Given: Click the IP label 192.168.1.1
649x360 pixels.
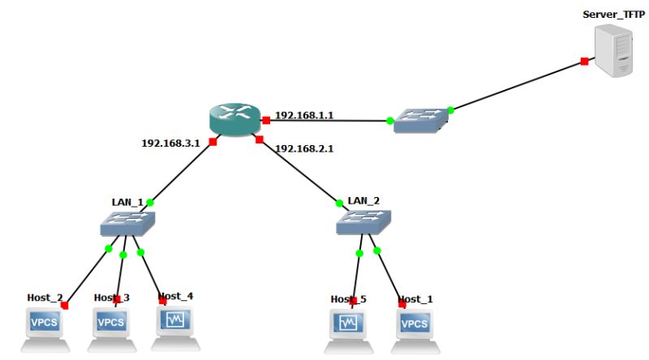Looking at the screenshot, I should pos(304,115).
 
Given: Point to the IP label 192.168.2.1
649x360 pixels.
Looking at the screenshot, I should pos(305,148).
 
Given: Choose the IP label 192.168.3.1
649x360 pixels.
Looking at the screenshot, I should pos(170,143).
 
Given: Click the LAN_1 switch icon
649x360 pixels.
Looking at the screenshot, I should pos(128,222).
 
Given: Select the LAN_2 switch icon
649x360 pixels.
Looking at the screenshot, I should pos(363,222).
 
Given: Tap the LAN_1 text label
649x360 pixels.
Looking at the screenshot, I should pos(127,201).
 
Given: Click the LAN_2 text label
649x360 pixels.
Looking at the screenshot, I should pos(363,199).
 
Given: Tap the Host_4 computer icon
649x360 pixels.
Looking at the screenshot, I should pos(176,323).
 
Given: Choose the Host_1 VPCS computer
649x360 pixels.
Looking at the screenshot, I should pos(414,326).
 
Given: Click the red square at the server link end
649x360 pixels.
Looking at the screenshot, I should pos(584,61).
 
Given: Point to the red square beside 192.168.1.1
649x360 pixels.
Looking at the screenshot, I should pos(265,121).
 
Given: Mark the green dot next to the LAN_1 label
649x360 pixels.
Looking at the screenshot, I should pos(149,202).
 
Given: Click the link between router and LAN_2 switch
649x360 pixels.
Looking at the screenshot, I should pos(298,171).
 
